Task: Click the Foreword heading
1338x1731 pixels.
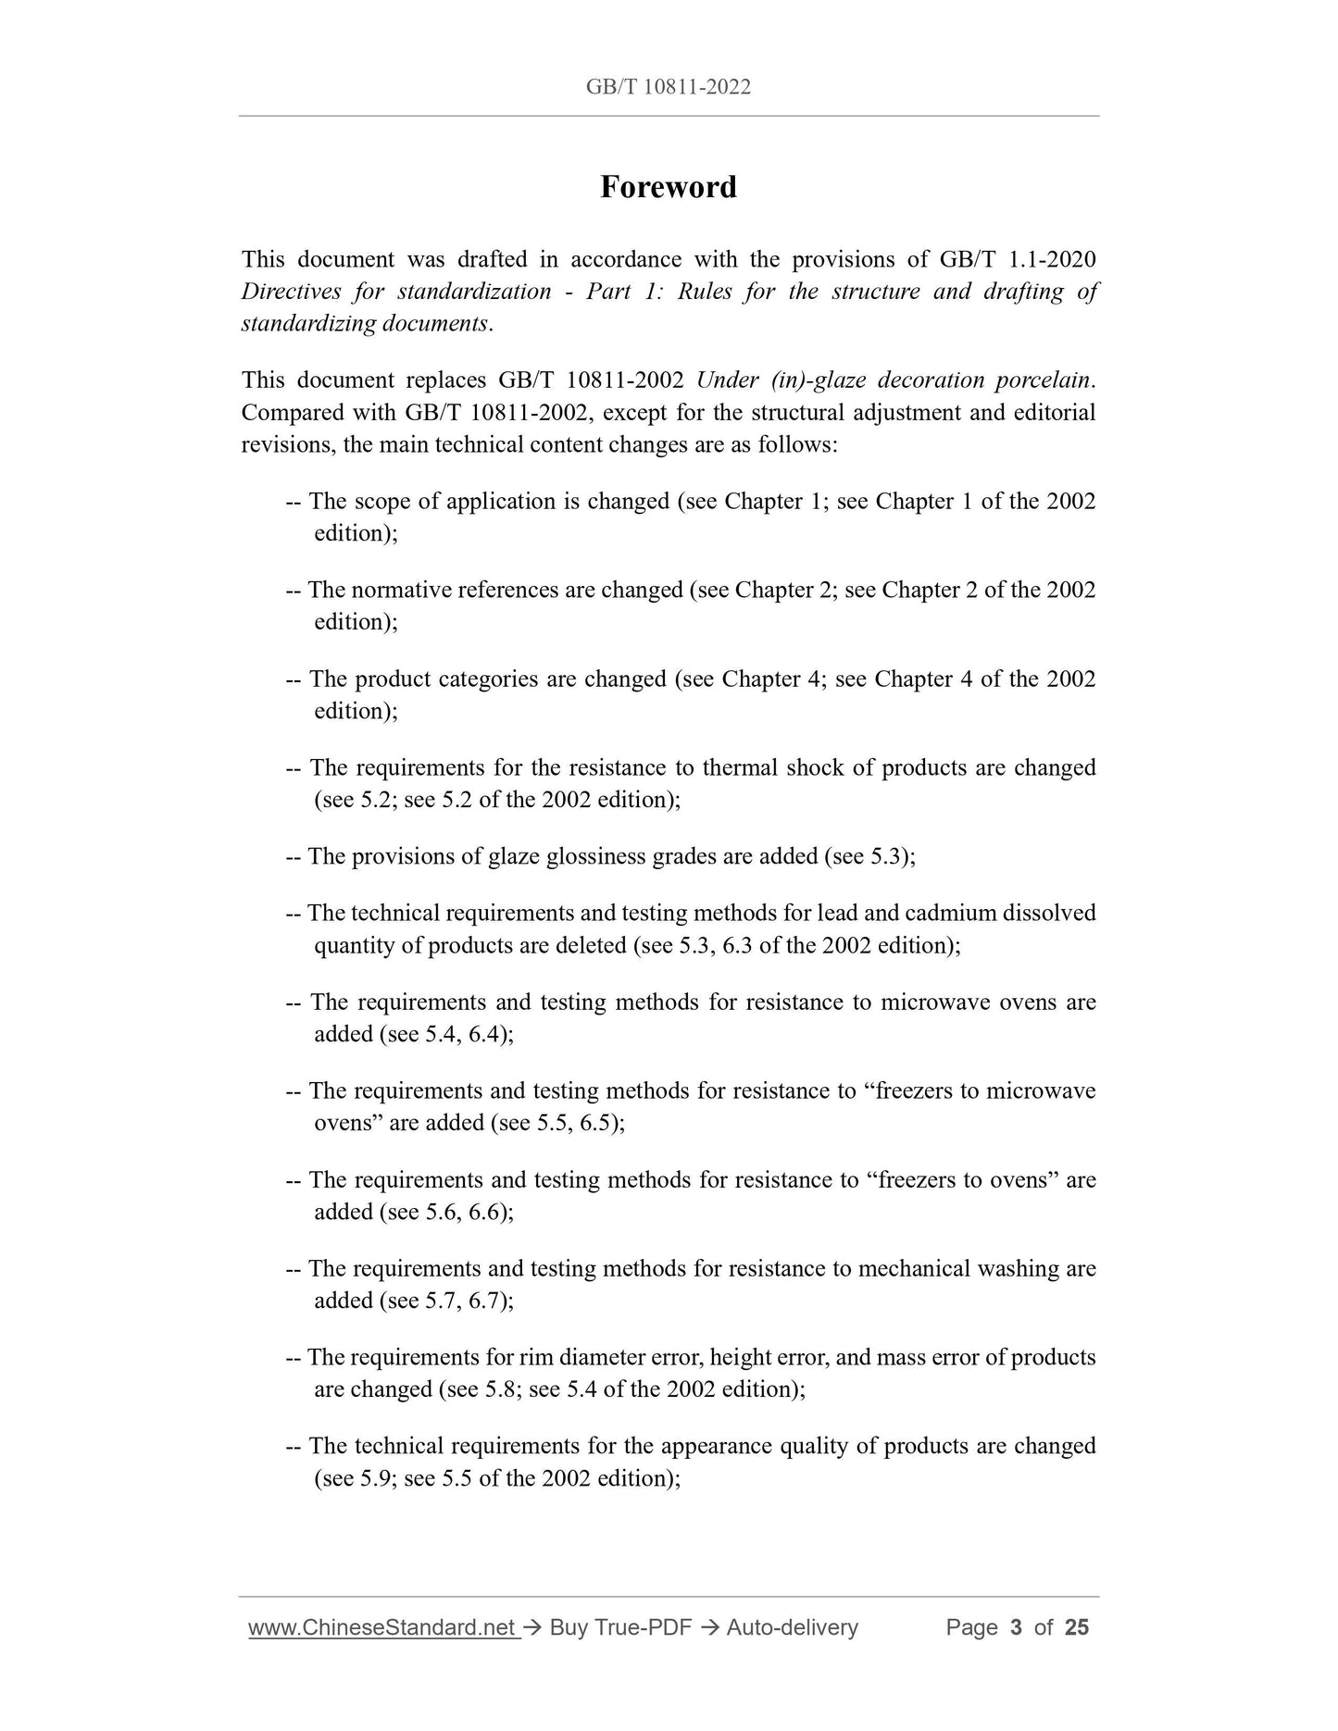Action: (668, 187)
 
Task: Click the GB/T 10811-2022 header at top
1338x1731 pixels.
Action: (668, 87)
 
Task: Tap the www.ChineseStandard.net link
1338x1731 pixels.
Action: (382, 1627)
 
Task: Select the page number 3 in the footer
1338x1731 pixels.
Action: (1016, 1627)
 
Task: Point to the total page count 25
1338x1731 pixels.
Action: (1077, 1627)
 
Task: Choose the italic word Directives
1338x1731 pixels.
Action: (287, 292)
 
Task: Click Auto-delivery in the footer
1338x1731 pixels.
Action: (792, 1627)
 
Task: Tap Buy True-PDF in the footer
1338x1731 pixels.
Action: (620, 1627)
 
